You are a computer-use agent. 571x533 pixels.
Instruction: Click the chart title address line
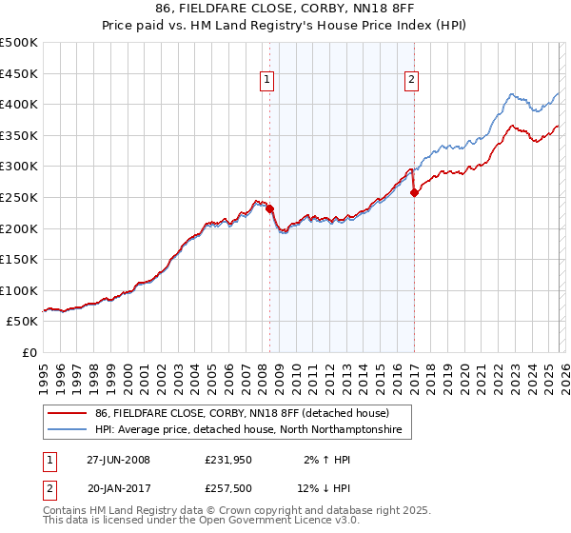tap(285, 10)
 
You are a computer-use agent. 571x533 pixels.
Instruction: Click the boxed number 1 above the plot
tap(267, 81)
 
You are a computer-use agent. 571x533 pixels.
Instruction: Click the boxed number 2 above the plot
tap(412, 81)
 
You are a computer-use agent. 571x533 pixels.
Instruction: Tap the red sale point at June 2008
tap(269, 208)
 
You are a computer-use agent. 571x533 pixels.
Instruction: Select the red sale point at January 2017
tap(414, 192)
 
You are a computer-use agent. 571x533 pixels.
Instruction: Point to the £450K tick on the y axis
tap(19, 73)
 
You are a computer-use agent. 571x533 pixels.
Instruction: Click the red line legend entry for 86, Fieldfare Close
tap(242, 414)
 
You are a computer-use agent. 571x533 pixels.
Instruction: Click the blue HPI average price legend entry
tap(248, 430)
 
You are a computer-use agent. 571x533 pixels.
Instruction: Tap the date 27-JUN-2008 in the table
tap(118, 460)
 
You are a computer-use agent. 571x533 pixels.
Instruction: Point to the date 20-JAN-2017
tap(118, 490)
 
